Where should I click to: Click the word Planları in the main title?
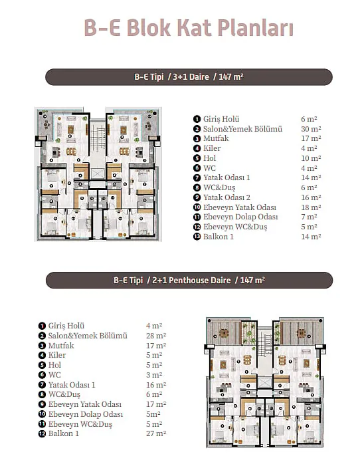[255, 28]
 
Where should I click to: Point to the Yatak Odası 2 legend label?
[226, 197]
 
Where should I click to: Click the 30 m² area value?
[311, 129]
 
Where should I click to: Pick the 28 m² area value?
[156, 336]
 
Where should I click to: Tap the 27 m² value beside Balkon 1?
[156, 433]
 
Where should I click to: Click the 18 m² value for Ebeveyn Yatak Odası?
[311, 207]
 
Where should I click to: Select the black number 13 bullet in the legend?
[197, 237]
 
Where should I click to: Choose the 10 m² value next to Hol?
[311, 158]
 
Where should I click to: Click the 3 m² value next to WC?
[154, 375]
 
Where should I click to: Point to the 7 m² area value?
[309, 217]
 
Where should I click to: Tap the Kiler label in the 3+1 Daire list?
[212, 148]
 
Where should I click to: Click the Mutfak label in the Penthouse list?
[61, 346]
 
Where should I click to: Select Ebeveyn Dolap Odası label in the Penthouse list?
[86, 414]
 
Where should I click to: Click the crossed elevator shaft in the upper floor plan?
[97, 174]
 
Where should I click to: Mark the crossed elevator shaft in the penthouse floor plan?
[264, 382]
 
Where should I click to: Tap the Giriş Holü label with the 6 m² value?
[221, 119]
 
